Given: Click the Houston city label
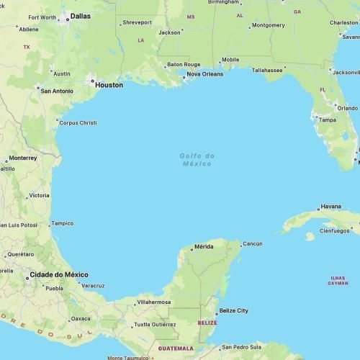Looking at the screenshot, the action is (109, 85).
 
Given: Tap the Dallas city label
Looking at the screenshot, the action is (81, 15).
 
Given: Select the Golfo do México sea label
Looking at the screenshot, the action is (197, 159).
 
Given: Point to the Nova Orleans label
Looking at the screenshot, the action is (204, 74).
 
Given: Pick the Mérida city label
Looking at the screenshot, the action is (204, 248).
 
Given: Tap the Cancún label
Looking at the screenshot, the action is (252, 244).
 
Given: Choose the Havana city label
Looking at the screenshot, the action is (330, 207).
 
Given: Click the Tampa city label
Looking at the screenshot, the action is (327, 120).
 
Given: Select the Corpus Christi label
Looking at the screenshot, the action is (78, 122).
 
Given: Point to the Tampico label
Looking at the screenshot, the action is (62, 223).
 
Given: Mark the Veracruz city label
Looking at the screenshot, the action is (93, 286).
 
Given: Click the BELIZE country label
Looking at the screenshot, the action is (207, 323).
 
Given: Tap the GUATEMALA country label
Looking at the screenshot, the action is (175, 348).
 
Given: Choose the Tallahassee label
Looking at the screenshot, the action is (267, 70).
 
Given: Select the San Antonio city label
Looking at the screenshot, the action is (57, 91).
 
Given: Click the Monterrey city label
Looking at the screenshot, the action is (23, 158).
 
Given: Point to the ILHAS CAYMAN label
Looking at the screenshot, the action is (338, 280).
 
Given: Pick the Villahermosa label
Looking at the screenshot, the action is (154, 302).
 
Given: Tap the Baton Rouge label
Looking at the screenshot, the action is (184, 64).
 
